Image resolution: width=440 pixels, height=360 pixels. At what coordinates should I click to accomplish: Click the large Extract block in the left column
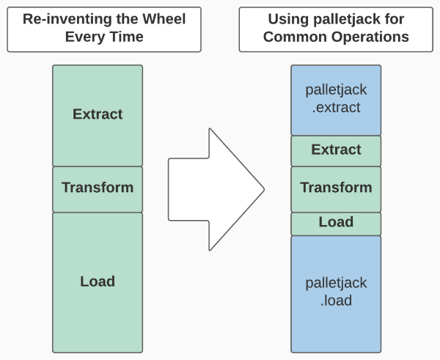[98, 115]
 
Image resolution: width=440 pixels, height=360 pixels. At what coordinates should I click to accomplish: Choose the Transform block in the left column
[98, 188]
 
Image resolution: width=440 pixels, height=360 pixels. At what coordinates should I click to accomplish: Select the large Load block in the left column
[98, 282]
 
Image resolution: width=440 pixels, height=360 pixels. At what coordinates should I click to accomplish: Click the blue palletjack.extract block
[336, 99]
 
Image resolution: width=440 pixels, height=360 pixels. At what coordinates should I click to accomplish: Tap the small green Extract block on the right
[336, 150]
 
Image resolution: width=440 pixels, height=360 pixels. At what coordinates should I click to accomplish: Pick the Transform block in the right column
[336, 188]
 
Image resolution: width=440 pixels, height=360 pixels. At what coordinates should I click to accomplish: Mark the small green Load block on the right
[336, 223]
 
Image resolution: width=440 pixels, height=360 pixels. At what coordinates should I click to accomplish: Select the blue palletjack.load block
[336, 292]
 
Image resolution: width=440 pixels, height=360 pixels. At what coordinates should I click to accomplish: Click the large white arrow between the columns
[209, 189]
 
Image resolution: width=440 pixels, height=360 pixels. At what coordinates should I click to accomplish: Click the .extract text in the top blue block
[336, 109]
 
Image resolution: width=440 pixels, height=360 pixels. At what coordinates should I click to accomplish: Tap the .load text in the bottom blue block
[336, 301]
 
